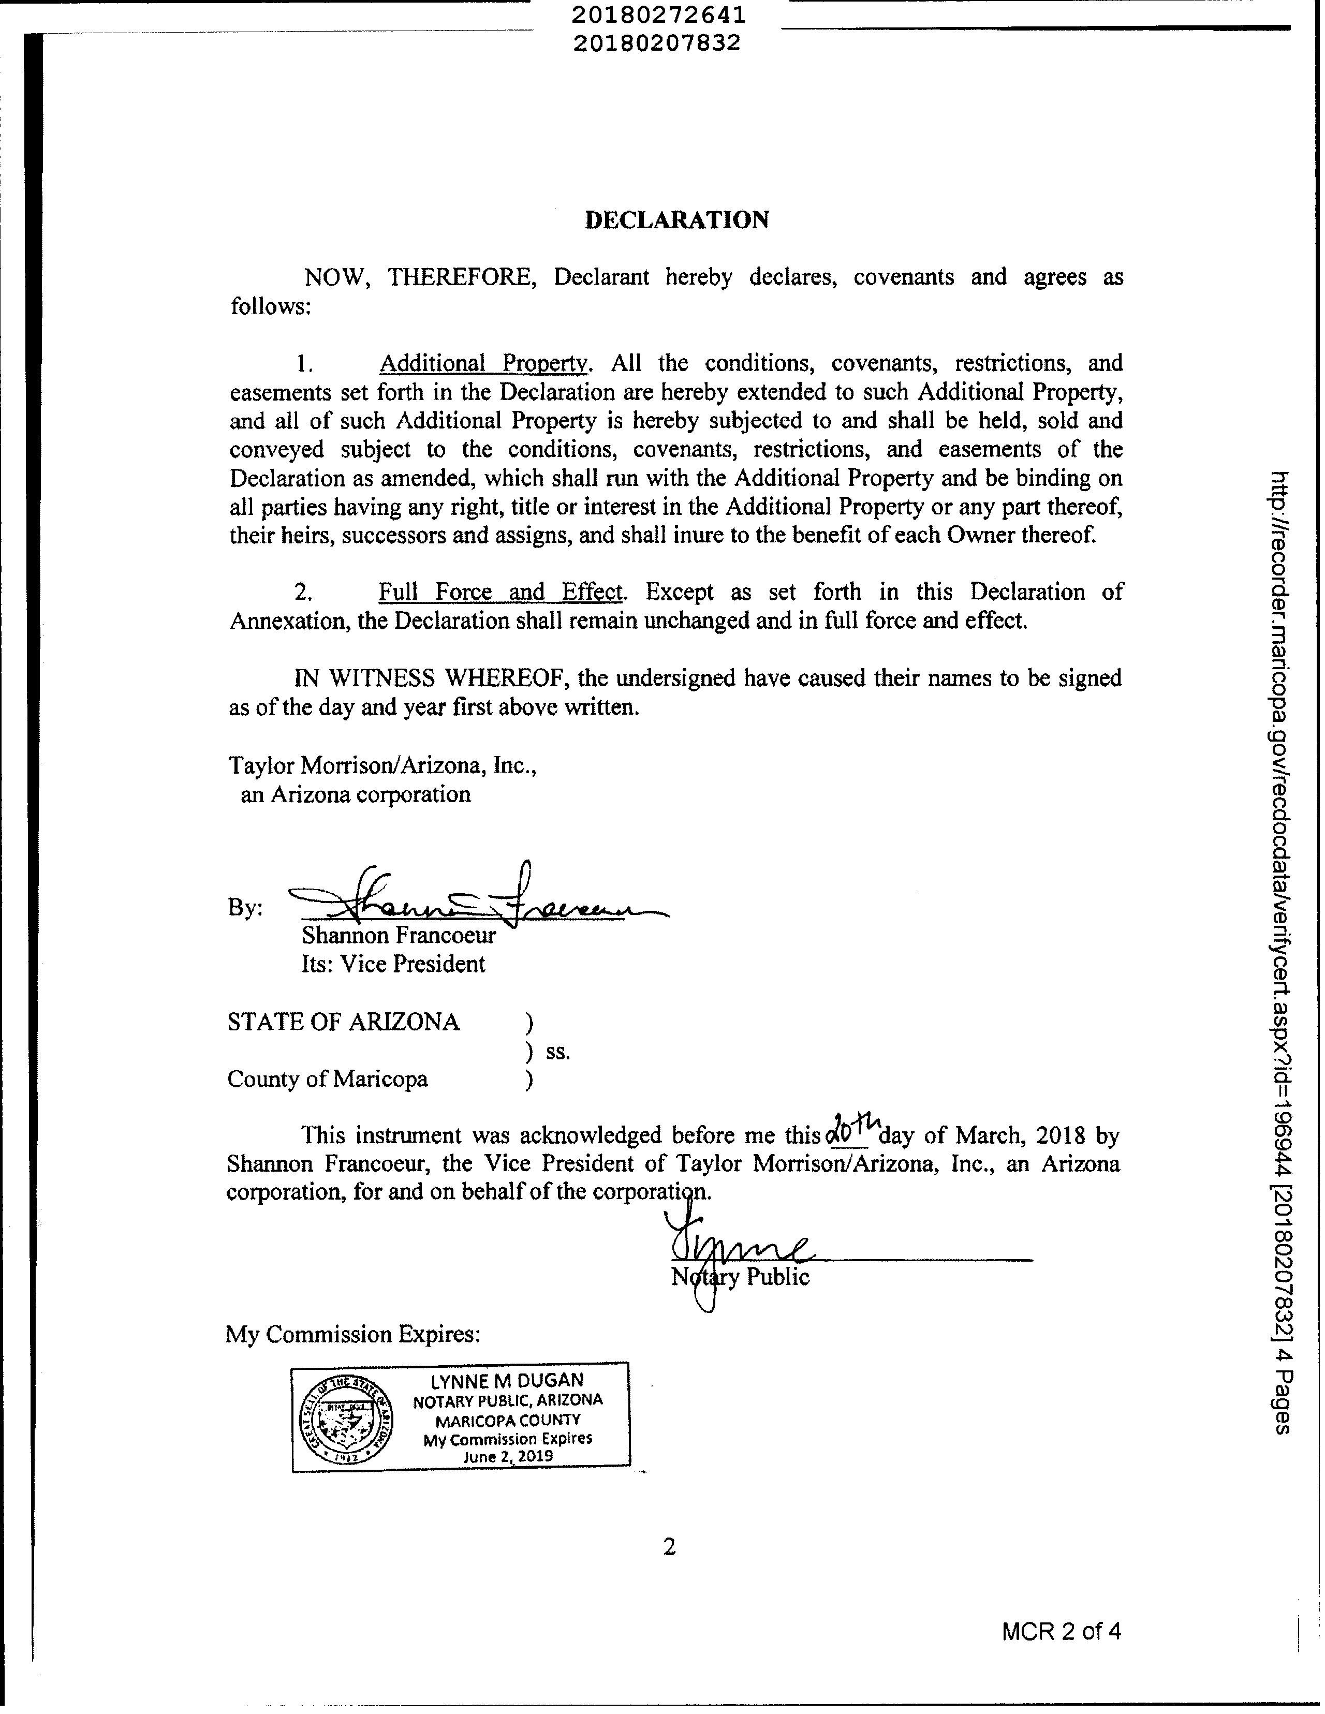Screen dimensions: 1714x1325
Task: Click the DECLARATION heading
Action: (x=676, y=220)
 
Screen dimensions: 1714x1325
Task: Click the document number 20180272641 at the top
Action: (x=658, y=16)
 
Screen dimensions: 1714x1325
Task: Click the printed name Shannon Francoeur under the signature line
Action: (x=398, y=936)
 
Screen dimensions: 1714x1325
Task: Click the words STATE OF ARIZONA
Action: (x=343, y=1022)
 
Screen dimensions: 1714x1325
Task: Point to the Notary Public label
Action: (x=740, y=1277)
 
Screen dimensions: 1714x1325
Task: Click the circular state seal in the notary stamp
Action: (x=346, y=1420)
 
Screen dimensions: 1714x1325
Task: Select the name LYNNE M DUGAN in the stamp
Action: (x=508, y=1380)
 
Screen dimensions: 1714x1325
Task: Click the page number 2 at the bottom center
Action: (x=669, y=1547)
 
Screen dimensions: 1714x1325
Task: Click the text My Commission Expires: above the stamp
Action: (x=352, y=1334)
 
